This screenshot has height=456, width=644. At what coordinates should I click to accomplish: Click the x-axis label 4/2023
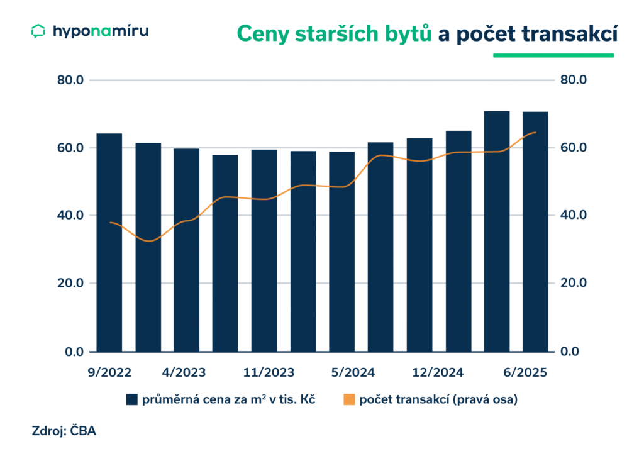(x=183, y=372)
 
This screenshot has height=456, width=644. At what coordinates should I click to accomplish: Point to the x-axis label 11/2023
(x=269, y=372)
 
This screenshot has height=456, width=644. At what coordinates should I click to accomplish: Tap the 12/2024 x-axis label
(x=438, y=372)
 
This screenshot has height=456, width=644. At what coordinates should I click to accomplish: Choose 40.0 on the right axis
(x=573, y=215)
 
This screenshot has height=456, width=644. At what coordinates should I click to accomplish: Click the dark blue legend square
(x=131, y=399)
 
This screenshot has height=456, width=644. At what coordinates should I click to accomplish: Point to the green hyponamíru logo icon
(x=38, y=31)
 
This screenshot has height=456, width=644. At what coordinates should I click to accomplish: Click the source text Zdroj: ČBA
(x=64, y=431)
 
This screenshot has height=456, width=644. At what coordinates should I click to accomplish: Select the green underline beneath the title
(x=553, y=55)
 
